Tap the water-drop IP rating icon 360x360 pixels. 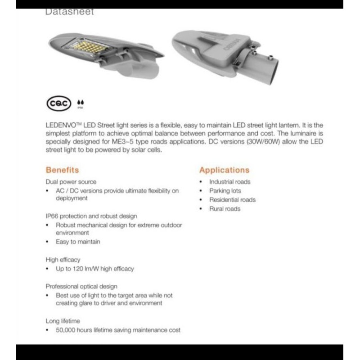point(80,104)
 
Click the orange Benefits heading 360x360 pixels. point(62,170)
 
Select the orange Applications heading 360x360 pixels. point(224,170)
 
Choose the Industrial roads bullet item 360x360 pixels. point(229,182)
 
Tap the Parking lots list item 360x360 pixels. point(225,191)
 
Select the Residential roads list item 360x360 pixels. point(232,200)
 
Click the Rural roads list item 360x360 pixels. point(225,209)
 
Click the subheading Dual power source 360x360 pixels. point(71,182)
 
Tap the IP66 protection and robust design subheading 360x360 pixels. point(91,216)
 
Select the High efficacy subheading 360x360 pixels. point(63,260)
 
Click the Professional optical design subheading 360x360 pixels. point(81,286)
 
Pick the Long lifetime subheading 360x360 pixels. point(63,321)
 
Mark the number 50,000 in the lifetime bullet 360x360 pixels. point(66,330)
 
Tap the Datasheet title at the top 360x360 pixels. point(70,12)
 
